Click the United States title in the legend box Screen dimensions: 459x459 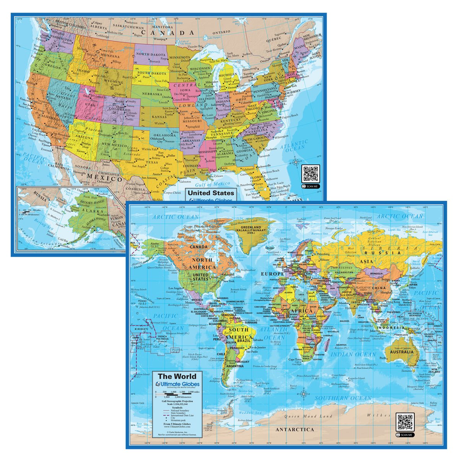[x=211, y=193]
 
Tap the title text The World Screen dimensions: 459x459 [x=177, y=376]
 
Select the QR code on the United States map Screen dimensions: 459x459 [x=310, y=174]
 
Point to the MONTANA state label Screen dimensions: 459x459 [x=110, y=56]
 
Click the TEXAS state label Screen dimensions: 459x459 [x=152, y=162]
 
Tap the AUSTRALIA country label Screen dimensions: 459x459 [x=402, y=352]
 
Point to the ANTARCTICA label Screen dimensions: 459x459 [x=295, y=429]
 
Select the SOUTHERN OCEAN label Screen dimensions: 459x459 [x=343, y=398]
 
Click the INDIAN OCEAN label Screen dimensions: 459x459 [x=353, y=354]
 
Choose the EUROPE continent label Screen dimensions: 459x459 [x=272, y=274]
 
